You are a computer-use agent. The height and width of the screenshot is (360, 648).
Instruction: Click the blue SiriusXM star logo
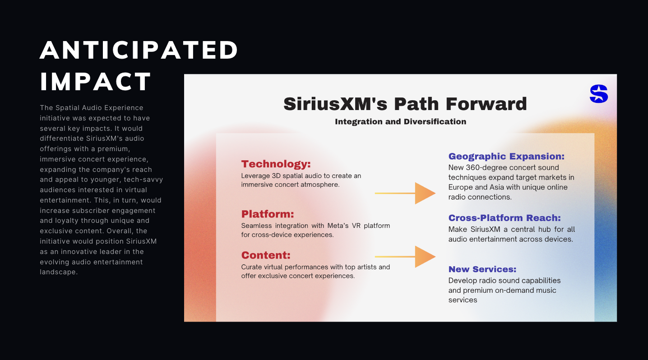coord(599,94)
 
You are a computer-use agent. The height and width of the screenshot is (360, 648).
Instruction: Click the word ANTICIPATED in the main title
coord(139,50)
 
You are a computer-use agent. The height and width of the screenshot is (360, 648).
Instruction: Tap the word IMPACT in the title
coord(96,82)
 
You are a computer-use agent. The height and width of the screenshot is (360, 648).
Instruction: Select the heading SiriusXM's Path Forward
coord(405,104)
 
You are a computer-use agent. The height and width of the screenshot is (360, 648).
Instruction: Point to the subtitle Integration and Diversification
coord(401,121)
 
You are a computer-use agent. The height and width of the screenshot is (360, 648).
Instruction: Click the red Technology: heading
coord(276,164)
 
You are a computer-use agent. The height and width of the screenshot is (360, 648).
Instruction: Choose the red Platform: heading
coord(268,214)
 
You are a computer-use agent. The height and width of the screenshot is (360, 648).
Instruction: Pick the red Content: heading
coord(266,255)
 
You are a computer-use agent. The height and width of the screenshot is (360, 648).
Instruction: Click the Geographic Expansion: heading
coord(507,157)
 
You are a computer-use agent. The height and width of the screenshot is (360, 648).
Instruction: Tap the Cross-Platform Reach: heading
coord(505,218)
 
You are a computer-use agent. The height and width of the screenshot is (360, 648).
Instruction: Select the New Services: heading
coord(482,269)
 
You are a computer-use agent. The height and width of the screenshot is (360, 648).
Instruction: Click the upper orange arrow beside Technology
coord(405,193)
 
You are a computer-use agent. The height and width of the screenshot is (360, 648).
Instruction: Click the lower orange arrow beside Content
coord(405,257)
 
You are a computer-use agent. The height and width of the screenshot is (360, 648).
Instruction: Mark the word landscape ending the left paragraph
coord(59,272)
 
